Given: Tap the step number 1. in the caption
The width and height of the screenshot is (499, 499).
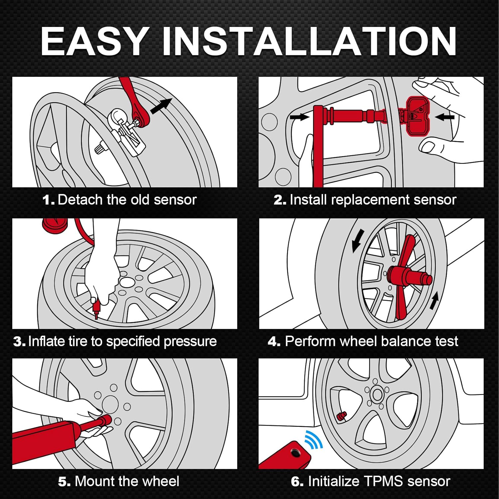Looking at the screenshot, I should pos(49,200).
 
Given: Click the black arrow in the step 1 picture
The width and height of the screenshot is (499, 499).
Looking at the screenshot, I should pos(161,106).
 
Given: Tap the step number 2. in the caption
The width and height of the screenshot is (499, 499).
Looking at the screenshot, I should pos(280,200).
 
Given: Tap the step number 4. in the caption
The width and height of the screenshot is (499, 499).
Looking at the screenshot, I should pos(274,342).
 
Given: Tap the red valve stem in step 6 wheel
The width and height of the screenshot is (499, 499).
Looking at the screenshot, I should pos(341,416).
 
